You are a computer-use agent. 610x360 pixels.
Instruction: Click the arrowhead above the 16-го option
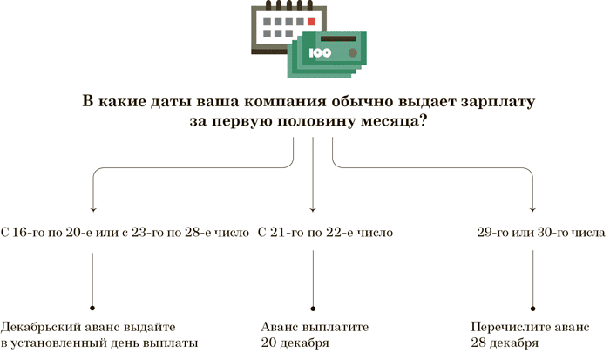click(x=92, y=210)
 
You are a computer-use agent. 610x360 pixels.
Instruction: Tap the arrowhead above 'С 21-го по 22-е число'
click(x=313, y=210)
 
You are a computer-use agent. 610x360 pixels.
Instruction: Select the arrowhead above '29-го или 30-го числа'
click(x=533, y=210)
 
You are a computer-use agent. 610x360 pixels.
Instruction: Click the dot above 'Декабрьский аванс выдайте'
click(x=92, y=307)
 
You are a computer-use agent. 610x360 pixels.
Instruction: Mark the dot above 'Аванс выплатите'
click(x=313, y=307)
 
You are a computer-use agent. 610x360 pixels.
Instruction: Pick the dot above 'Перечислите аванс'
click(x=533, y=307)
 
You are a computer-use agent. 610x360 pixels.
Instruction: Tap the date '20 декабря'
click(x=295, y=343)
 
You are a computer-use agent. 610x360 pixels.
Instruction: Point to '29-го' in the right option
click(x=492, y=234)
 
